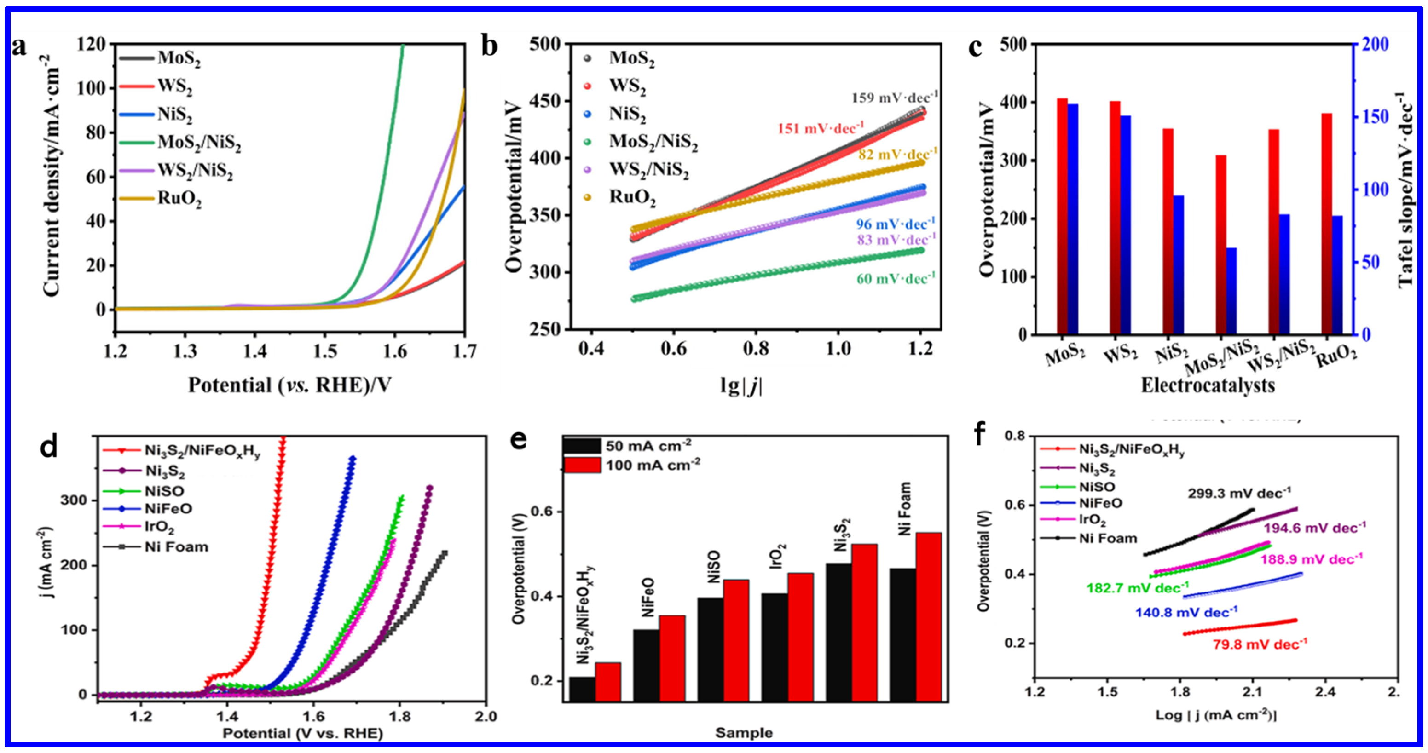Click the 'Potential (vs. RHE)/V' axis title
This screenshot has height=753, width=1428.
(x=289, y=385)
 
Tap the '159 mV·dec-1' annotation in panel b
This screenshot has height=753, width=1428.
(x=894, y=98)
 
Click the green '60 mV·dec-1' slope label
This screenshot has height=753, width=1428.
(x=895, y=278)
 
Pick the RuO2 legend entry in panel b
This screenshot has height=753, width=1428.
(x=632, y=197)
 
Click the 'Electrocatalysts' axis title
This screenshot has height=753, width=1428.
(x=1208, y=385)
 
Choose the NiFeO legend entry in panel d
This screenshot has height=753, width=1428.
(x=168, y=508)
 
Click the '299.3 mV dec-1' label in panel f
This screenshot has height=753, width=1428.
(x=1239, y=493)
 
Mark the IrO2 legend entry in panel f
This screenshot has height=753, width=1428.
(x=1092, y=520)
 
